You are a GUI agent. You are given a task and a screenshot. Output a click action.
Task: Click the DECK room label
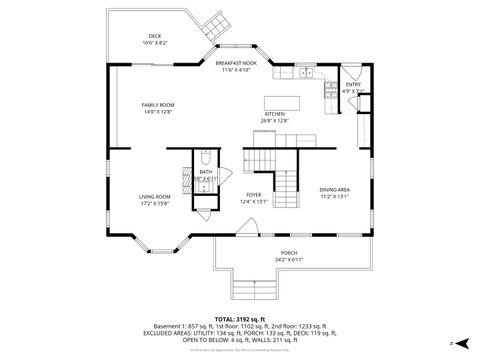(x=155, y=36)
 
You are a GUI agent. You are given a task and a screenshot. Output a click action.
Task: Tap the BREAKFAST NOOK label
(x=236, y=63)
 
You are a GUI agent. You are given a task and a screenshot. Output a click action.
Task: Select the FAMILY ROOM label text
(x=157, y=105)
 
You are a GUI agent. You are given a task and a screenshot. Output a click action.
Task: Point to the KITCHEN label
(x=274, y=114)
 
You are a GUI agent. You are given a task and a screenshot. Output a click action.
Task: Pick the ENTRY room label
(x=353, y=85)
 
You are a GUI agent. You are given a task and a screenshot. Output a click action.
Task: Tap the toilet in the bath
(x=204, y=159)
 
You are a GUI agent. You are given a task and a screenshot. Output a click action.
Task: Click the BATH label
(x=205, y=171)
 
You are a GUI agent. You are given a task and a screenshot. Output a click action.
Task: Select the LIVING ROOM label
(x=154, y=196)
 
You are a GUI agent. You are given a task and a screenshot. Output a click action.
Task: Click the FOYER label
(x=253, y=196)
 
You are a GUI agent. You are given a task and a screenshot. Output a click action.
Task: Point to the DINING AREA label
(x=334, y=189)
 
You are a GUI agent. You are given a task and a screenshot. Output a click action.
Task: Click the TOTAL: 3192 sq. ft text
(x=239, y=317)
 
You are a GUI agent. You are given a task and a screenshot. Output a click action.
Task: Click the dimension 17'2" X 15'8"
(x=154, y=203)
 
